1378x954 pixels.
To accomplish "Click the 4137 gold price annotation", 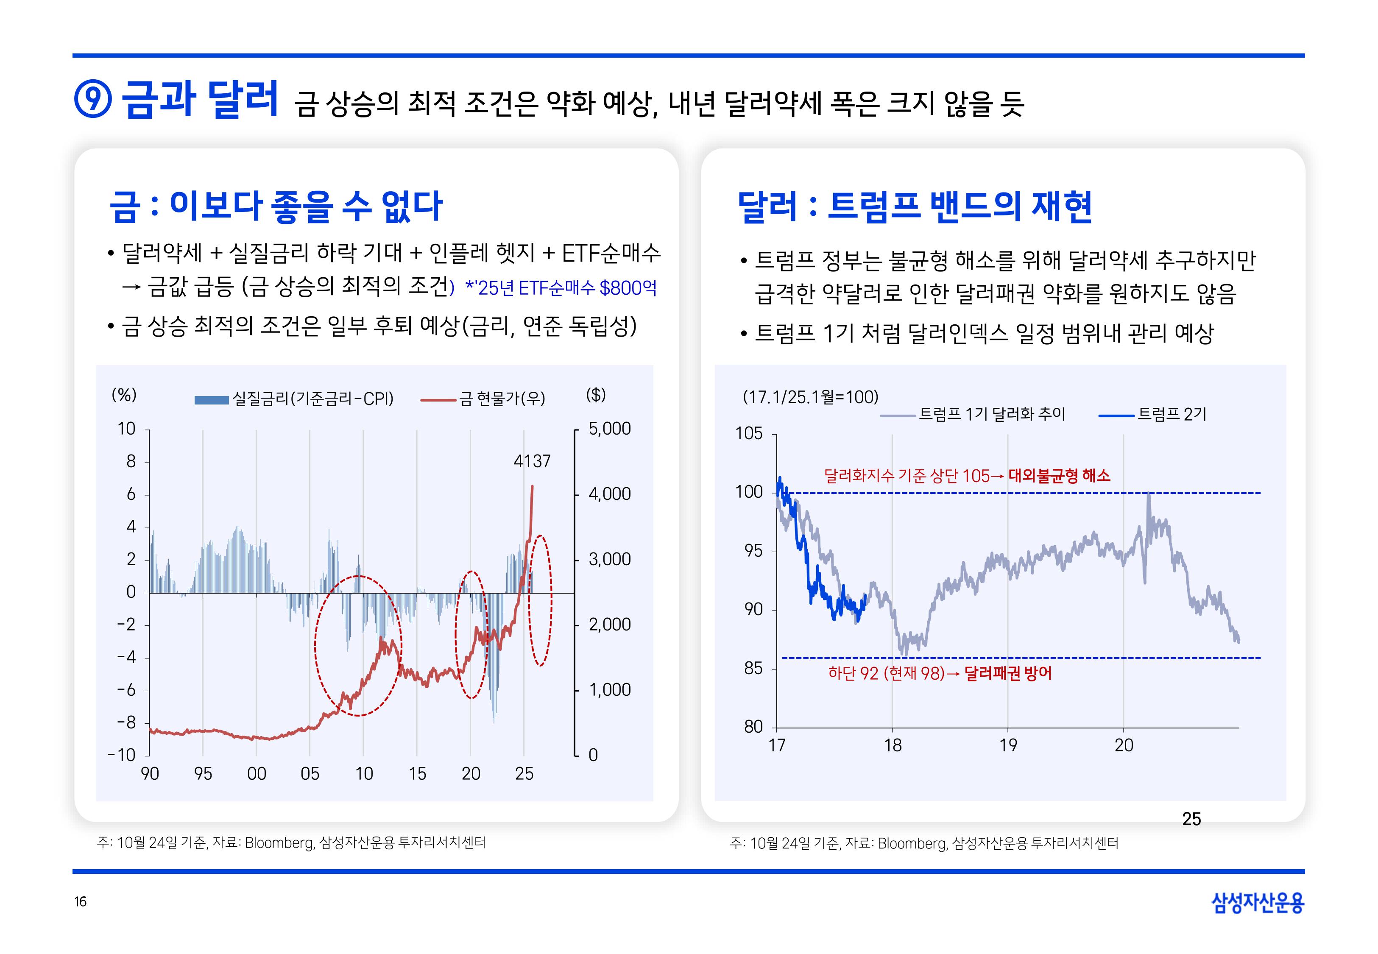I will point(532,461).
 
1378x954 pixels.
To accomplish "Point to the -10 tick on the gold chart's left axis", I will point(122,755).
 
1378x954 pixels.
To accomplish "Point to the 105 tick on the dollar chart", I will point(749,433).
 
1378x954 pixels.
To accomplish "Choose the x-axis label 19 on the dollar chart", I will point(1008,745).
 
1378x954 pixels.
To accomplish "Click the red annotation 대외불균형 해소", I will point(1059,476).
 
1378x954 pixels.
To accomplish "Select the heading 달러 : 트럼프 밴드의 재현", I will point(914,207).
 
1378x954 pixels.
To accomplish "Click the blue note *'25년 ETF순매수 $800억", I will point(561,288).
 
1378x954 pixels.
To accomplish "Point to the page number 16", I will point(81,901).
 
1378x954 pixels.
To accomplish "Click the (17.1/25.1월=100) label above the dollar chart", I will point(810,397).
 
